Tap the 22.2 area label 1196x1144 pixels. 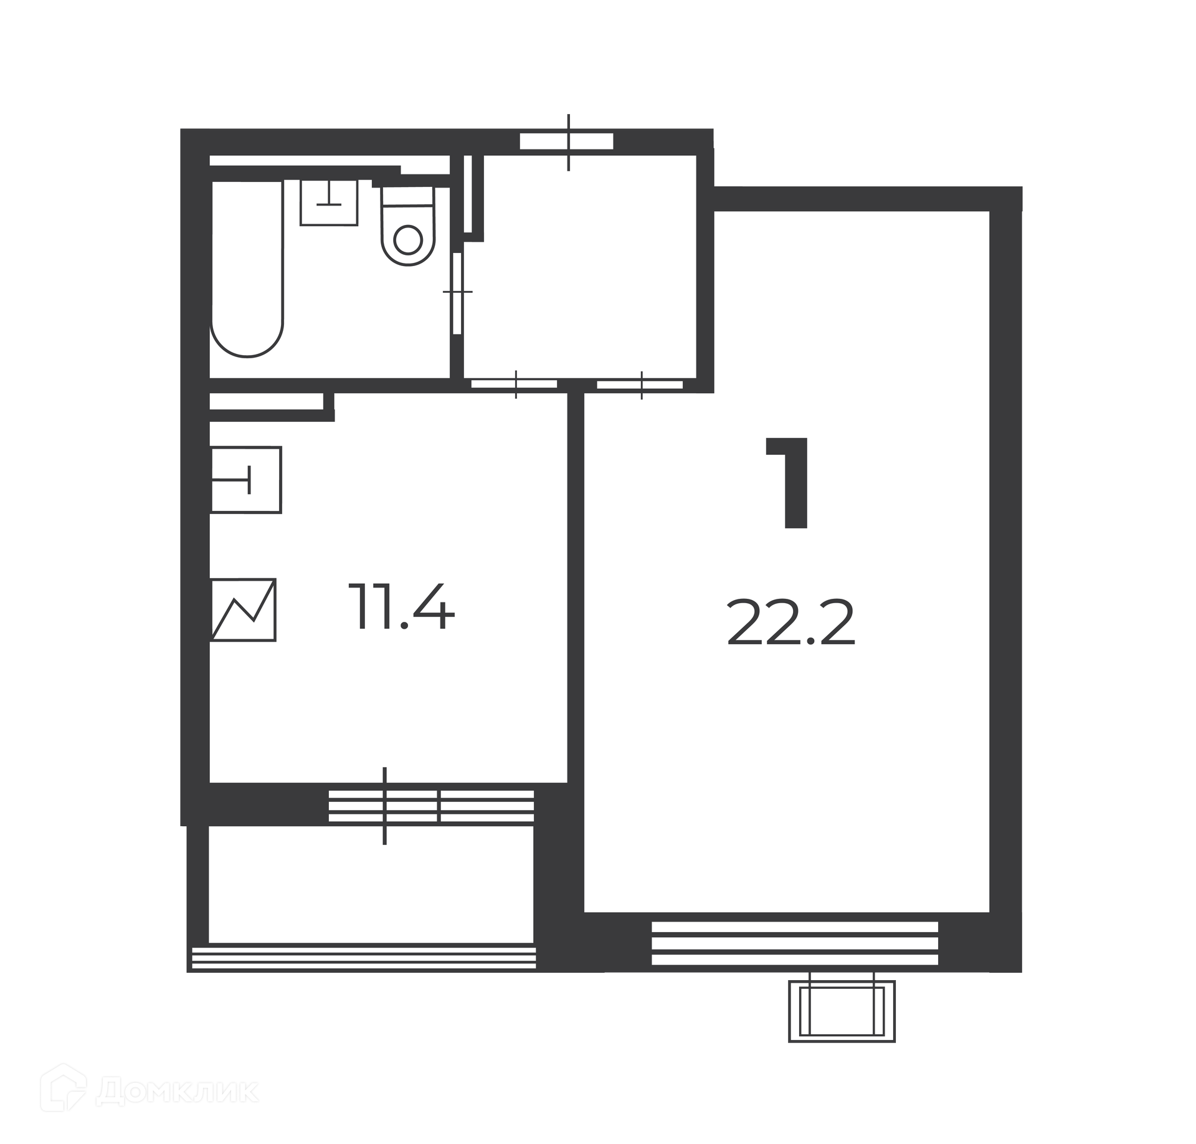[791, 624]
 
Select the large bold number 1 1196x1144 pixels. [789, 484]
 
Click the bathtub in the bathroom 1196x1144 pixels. [247, 268]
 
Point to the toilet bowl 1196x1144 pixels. [408, 226]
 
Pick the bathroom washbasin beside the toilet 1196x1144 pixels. [329, 202]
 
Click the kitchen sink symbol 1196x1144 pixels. [246, 480]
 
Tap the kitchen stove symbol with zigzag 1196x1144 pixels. [244, 609]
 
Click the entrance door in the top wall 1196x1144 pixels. [567, 141]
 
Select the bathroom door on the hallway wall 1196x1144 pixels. [458, 292]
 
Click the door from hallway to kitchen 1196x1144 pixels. [515, 384]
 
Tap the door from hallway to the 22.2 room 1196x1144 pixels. [640, 384]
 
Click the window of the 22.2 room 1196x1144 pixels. [795, 943]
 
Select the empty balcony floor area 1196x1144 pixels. [371, 884]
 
